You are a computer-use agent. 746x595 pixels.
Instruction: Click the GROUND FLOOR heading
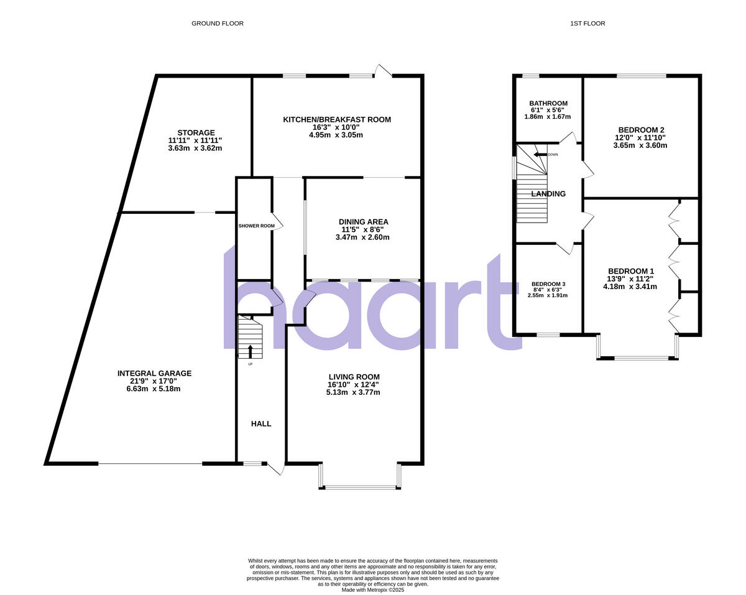click(217, 24)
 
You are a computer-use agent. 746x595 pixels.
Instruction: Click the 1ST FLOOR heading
click(587, 24)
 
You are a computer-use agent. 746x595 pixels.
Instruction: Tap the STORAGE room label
click(196, 132)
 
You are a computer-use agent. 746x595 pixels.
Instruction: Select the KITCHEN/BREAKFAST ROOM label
click(337, 119)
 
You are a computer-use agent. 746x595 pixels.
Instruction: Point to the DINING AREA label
click(363, 222)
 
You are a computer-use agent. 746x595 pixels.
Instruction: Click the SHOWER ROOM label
click(256, 226)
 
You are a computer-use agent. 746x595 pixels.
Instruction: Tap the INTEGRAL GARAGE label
click(154, 373)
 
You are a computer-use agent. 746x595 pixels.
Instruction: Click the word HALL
click(261, 423)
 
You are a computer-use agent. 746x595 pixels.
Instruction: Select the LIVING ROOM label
click(354, 377)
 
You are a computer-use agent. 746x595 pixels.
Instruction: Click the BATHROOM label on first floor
click(548, 103)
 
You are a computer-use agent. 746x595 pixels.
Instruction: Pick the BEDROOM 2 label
click(641, 130)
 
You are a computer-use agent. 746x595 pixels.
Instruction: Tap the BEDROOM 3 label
click(548, 284)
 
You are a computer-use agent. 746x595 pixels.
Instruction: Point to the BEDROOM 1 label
click(631, 271)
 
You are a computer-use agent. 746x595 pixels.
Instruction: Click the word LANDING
click(548, 194)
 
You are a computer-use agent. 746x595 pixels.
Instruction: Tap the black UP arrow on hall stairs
click(251, 351)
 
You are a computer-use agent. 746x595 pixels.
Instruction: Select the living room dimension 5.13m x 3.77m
click(354, 392)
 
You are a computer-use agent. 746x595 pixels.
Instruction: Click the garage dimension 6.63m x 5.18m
click(154, 389)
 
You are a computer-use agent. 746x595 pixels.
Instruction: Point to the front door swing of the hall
click(276, 469)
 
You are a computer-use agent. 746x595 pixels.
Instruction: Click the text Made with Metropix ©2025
click(373, 590)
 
